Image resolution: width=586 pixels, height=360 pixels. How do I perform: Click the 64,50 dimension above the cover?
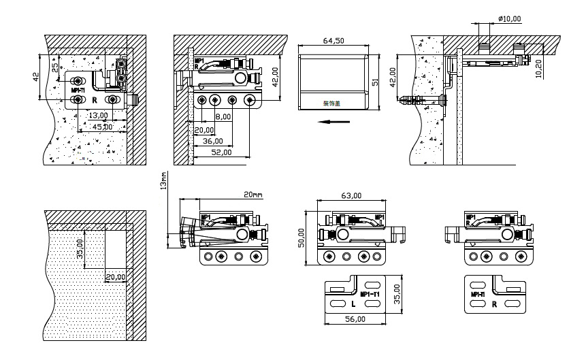click(x=333, y=41)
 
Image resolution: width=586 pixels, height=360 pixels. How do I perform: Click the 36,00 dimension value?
click(x=212, y=141)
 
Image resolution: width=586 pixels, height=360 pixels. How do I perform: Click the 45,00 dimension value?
click(x=103, y=127)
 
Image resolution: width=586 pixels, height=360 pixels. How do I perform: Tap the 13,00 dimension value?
click(x=98, y=115)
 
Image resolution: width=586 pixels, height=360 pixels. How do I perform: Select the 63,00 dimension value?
click(x=351, y=195)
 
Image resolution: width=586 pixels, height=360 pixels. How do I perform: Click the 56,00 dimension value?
click(x=355, y=318)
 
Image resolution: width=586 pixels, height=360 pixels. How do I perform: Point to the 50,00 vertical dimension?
click(x=302, y=238)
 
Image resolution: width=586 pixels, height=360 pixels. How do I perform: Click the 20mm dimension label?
click(x=252, y=195)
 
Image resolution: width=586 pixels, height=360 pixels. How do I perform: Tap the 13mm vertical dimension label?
click(x=164, y=182)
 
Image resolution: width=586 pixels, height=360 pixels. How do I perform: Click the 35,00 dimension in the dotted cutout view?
click(x=80, y=247)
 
